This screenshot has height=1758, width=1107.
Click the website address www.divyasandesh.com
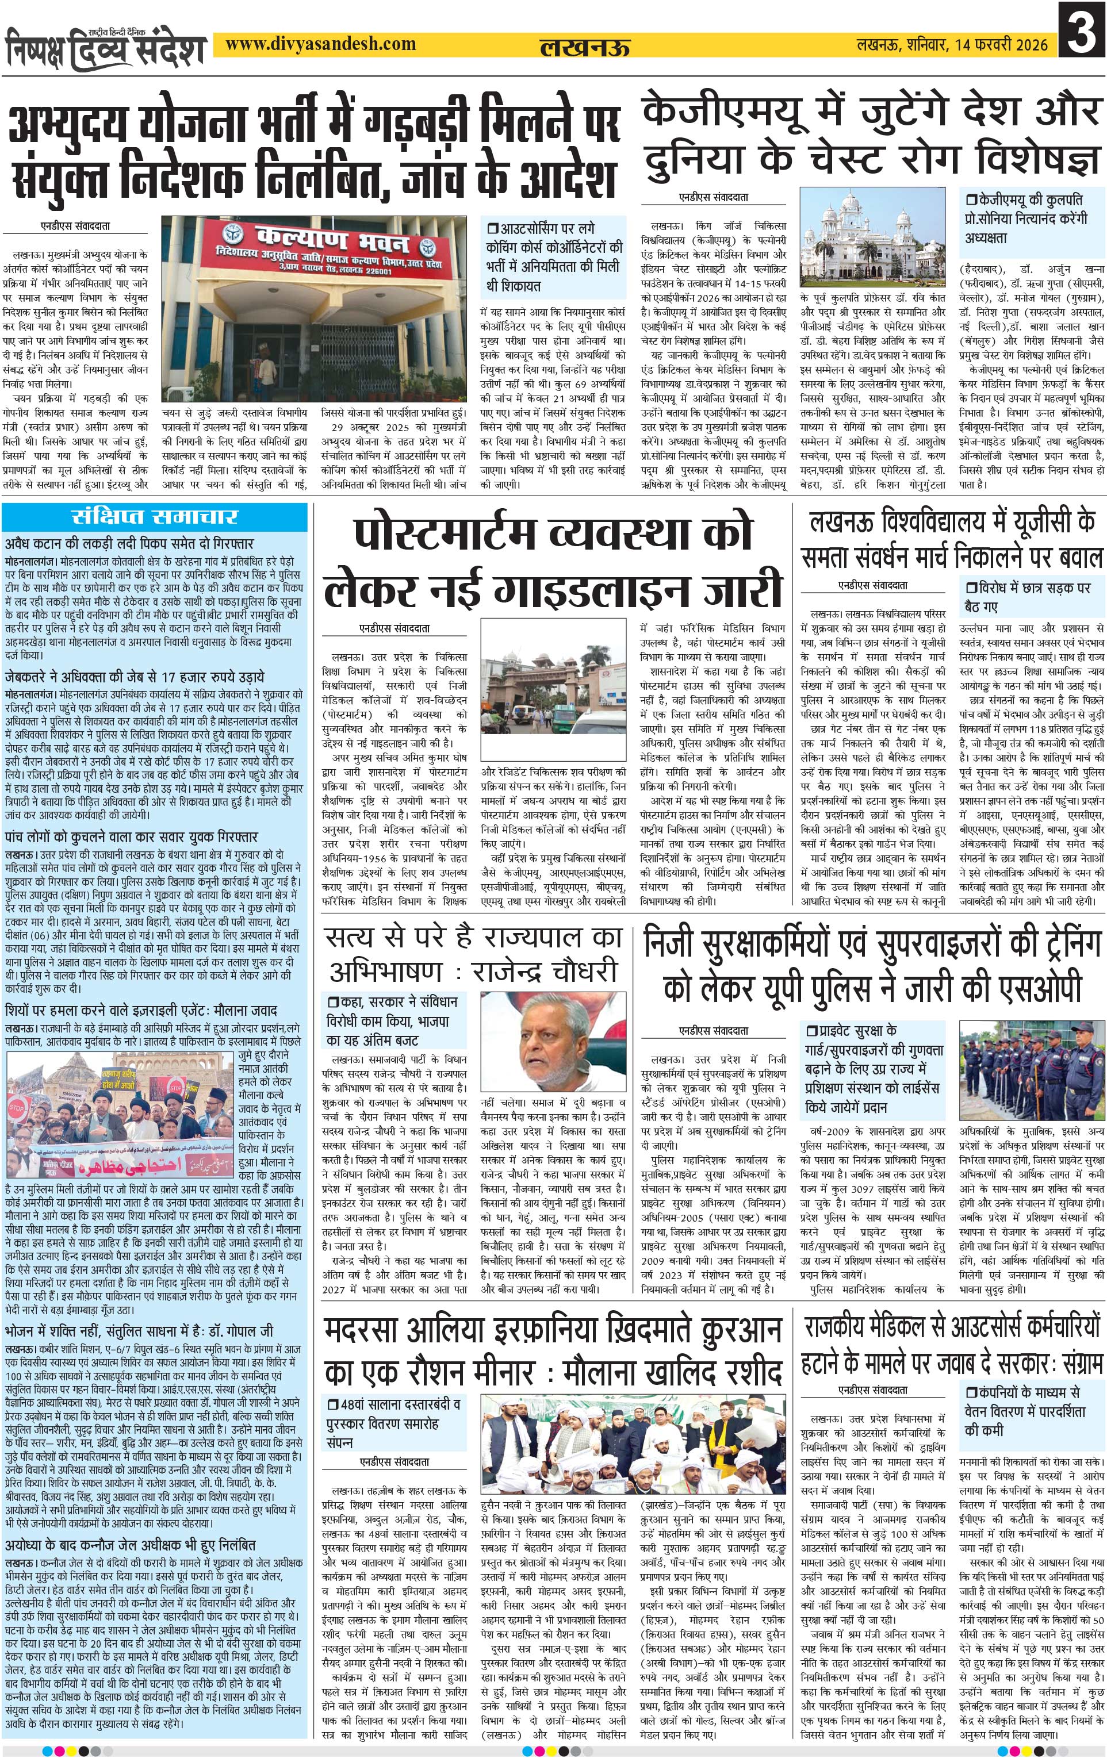(x=320, y=44)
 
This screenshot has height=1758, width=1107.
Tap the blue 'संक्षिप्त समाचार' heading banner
(x=155, y=517)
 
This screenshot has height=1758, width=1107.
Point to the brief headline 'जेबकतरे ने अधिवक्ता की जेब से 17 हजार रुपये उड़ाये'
(x=135, y=677)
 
